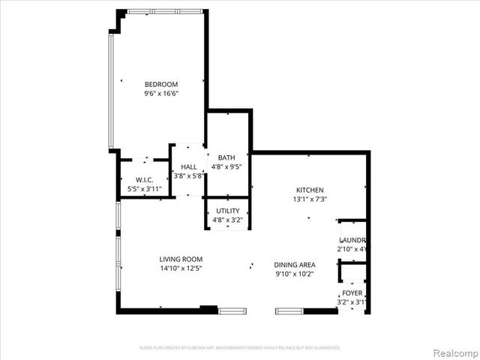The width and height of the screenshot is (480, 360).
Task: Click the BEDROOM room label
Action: pos(161,84)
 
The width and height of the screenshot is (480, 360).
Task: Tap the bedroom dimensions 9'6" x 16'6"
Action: pos(161,94)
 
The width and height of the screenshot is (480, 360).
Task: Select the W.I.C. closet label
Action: pos(145,179)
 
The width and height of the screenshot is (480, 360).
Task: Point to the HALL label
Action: pos(189,167)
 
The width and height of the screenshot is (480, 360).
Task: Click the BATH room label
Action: pos(226,157)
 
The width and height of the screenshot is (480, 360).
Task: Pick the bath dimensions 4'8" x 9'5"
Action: pos(226,167)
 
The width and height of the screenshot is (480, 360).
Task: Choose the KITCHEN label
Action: pos(310,190)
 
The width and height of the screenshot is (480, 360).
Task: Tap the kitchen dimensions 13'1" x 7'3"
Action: pos(310,199)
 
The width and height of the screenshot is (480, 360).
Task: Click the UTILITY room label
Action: pos(227,211)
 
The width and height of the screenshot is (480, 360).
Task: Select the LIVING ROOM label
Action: pos(181,258)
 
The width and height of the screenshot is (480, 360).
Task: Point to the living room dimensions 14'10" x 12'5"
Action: pos(181,268)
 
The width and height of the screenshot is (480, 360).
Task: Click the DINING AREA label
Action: pos(294,264)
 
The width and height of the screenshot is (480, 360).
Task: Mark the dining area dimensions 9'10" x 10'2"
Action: pos(294,274)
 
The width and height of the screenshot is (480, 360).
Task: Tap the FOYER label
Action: pos(352,293)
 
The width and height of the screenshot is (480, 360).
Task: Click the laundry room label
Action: pos(352,239)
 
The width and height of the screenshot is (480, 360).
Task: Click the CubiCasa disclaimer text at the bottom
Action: pos(240,348)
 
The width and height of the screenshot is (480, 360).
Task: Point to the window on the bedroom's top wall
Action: pos(165,11)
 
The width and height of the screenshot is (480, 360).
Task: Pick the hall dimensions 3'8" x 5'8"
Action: pos(189,176)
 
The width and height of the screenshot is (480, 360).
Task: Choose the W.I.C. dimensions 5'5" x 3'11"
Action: pos(145,189)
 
